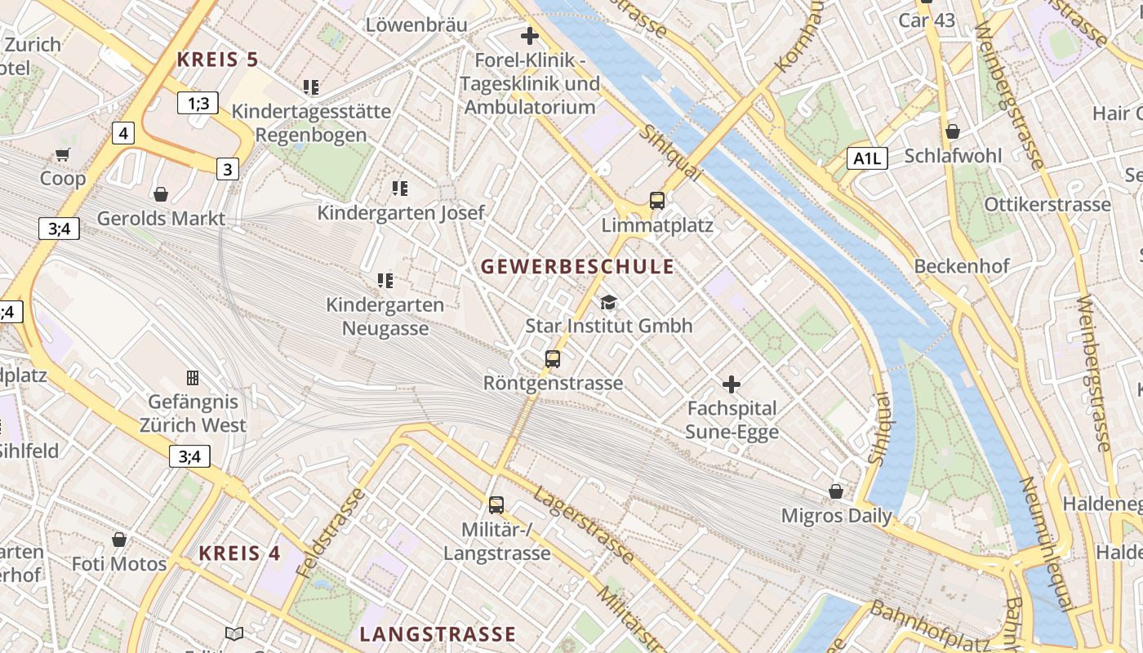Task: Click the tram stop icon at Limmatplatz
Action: tap(656, 200)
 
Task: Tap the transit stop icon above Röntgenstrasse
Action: tap(553, 358)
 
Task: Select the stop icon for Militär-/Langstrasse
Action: tap(496, 504)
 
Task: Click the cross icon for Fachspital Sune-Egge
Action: tap(732, 384)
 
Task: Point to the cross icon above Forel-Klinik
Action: tap(530, 35)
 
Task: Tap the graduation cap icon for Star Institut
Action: tap(608, 303)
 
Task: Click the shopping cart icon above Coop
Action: tap(63, 154)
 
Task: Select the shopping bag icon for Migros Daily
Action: tap(836, 491)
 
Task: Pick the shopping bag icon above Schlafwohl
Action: tap(952, 131)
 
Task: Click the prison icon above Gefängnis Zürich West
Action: tap(193, 377)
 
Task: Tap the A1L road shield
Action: tap(866, 158)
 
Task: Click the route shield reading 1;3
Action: tap(198, 103)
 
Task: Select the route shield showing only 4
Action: tap(123, 133)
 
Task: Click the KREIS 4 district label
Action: tap(239, 553)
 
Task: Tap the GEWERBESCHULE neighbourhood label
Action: tap(577, 266)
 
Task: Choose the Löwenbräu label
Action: tap(416, 24)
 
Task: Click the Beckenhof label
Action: tap(962, 266)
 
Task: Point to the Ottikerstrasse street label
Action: tap(1047, 204)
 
